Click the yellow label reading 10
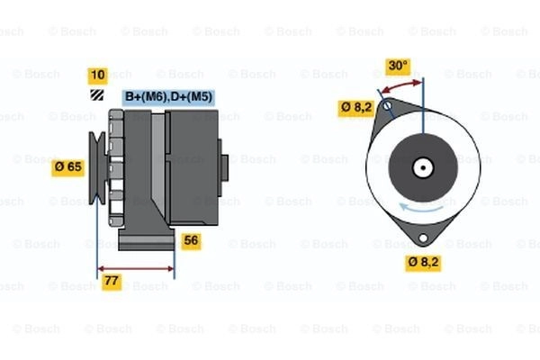click(x=98, y=76)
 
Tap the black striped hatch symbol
click(x=97, y=95)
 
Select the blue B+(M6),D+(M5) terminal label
click(x=168, y=97)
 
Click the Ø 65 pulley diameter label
click(x=67, y=167)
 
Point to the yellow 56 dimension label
click(x=191, y=241)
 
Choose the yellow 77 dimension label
click(x=112, y=281)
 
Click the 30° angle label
click(x=398, y=66)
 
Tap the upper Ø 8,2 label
click(x=356, y=107)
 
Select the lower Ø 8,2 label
click(x=423, y=263)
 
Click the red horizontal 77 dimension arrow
click(x=136, y=269)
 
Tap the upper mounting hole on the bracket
click(x=387, y=105)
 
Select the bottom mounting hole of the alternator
click(x=423, y=238)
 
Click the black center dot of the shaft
click(x=423, y=167)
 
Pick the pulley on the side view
click(x=97, y=167)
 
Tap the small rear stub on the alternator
click(x=223, y=167)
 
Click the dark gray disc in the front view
click(x=423, y=167)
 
